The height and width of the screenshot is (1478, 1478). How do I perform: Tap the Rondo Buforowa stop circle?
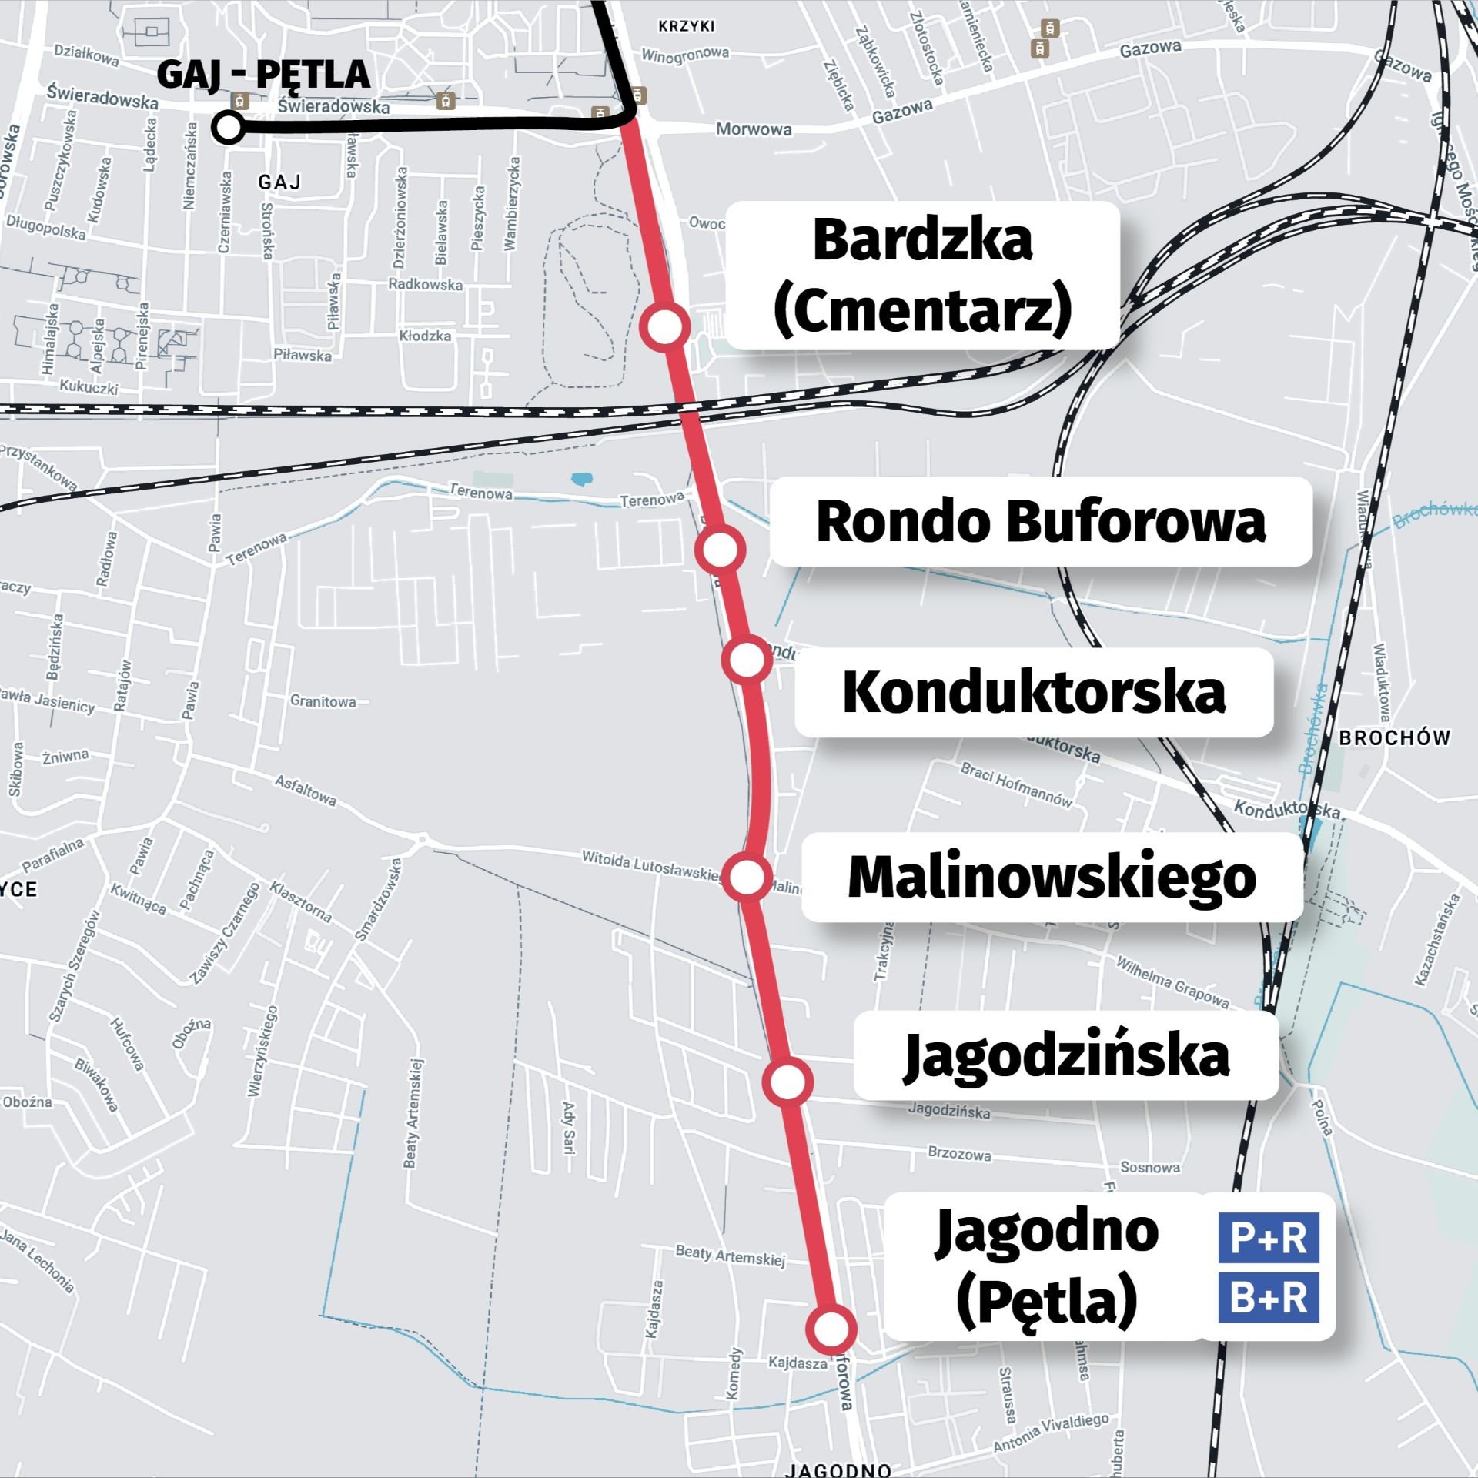tap(721, 549)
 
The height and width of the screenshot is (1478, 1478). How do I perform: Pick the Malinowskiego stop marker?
tap(747, 876)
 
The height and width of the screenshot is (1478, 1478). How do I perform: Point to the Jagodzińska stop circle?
tap(787, 1082)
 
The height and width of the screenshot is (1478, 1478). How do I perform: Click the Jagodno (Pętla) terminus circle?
tap(831, 1329)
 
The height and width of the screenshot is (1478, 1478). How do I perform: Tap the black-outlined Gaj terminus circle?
tap(229, 128)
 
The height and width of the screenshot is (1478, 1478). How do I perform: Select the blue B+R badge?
tap(1268, 1298)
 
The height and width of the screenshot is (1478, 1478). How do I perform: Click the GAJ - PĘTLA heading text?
tap(263, 75)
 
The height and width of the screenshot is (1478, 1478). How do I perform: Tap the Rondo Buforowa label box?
tap(1041, 522)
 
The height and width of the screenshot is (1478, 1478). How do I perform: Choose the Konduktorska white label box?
tap(1034, 692)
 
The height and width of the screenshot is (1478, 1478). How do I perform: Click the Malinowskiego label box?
tap(1052, 877)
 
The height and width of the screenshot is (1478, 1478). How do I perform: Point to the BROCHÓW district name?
tap(1394, 737)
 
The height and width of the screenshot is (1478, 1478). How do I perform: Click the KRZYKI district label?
tap(687, 26)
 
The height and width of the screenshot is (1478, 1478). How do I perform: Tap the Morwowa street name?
tap(754, 129)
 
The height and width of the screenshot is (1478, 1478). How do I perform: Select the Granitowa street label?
tap(323, 701)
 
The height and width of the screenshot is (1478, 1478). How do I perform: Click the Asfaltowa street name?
tap(306, 790)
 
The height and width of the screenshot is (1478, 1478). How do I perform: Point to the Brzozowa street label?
tap(959, 1155)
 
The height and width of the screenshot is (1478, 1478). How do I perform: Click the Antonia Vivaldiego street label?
tap(1052, 1433)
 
